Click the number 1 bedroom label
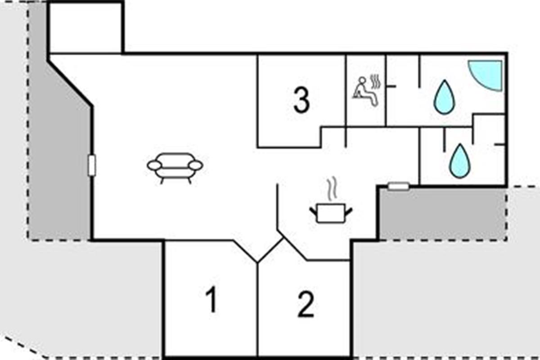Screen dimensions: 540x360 [x=211, y=299]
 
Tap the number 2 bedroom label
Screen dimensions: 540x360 [x=306, y=304]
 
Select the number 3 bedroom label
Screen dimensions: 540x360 [x=301, y=100]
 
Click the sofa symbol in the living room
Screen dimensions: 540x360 [x=175, y=168]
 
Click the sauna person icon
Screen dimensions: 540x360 [x=365, y=91]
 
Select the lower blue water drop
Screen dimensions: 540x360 [x=460, y=161]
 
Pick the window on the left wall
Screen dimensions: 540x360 [x=92, y=165]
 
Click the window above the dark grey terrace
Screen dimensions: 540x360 [x=399, y=186]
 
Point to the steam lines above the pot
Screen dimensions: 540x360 [x=332, y=188]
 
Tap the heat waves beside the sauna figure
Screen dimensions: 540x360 [x=375, y=81]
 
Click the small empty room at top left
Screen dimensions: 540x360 [x=85, y=28]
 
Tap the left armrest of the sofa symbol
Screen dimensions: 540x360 [x=154, y=166]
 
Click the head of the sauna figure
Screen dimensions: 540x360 [x=362, y=80]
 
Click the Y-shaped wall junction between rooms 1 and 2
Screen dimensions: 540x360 [x=257, y=262]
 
